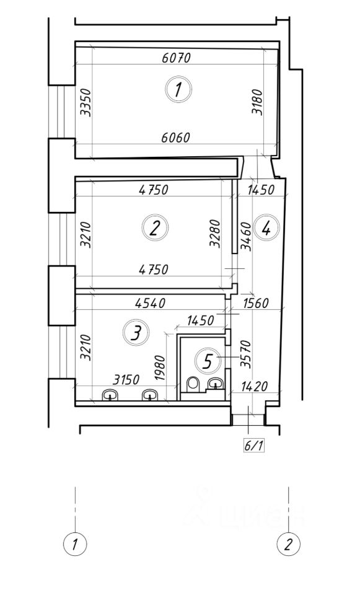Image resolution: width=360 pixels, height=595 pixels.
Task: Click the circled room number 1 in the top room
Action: click(x=178, y=89)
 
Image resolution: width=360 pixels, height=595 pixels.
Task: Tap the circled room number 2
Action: click(x=155, y=228)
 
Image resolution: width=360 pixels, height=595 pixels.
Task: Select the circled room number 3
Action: click(x=136, y=332)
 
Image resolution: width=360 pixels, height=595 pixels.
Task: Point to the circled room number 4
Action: click(x=266, y=227)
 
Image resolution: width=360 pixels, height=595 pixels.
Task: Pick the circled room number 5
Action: click(x=208, y=361)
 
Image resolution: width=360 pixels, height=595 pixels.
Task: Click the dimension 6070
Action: click(x=176, y=58)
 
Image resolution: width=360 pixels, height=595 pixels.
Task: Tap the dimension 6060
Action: click(x=175, y=138)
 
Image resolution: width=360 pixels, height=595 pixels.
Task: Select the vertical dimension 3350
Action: click(x=86, y=102)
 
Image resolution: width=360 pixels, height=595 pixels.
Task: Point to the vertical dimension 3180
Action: click(x=257, y=102)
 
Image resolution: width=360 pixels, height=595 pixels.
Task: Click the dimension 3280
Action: click(x=215, y=234)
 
